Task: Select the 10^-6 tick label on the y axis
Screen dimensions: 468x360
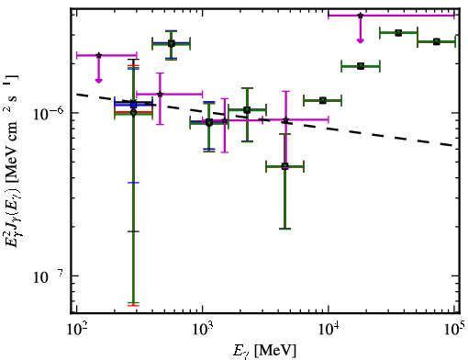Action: pos(49,114)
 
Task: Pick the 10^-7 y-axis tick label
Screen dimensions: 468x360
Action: pos(49,276)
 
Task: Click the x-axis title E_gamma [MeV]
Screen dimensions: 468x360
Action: pos(264,351)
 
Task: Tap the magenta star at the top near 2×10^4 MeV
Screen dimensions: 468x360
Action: pos(361,16)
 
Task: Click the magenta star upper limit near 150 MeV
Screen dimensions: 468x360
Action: pos(98,55)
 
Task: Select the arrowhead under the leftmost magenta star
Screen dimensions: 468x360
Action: pos(98,81)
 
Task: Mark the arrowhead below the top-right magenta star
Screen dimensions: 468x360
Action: pos(361,41)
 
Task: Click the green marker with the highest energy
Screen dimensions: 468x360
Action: pos(437,41)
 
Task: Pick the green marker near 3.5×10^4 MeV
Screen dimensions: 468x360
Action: pos(398,33)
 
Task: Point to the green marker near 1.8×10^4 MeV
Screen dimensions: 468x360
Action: pos(361,66)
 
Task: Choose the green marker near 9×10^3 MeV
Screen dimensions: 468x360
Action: pos(323,100)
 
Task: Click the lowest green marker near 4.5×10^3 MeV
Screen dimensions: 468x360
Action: pos(284,166)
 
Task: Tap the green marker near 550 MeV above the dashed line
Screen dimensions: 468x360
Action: pos(172,44)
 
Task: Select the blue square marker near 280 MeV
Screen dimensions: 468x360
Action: pos(133,105)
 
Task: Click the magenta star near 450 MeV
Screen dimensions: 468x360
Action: pos(160,94)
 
